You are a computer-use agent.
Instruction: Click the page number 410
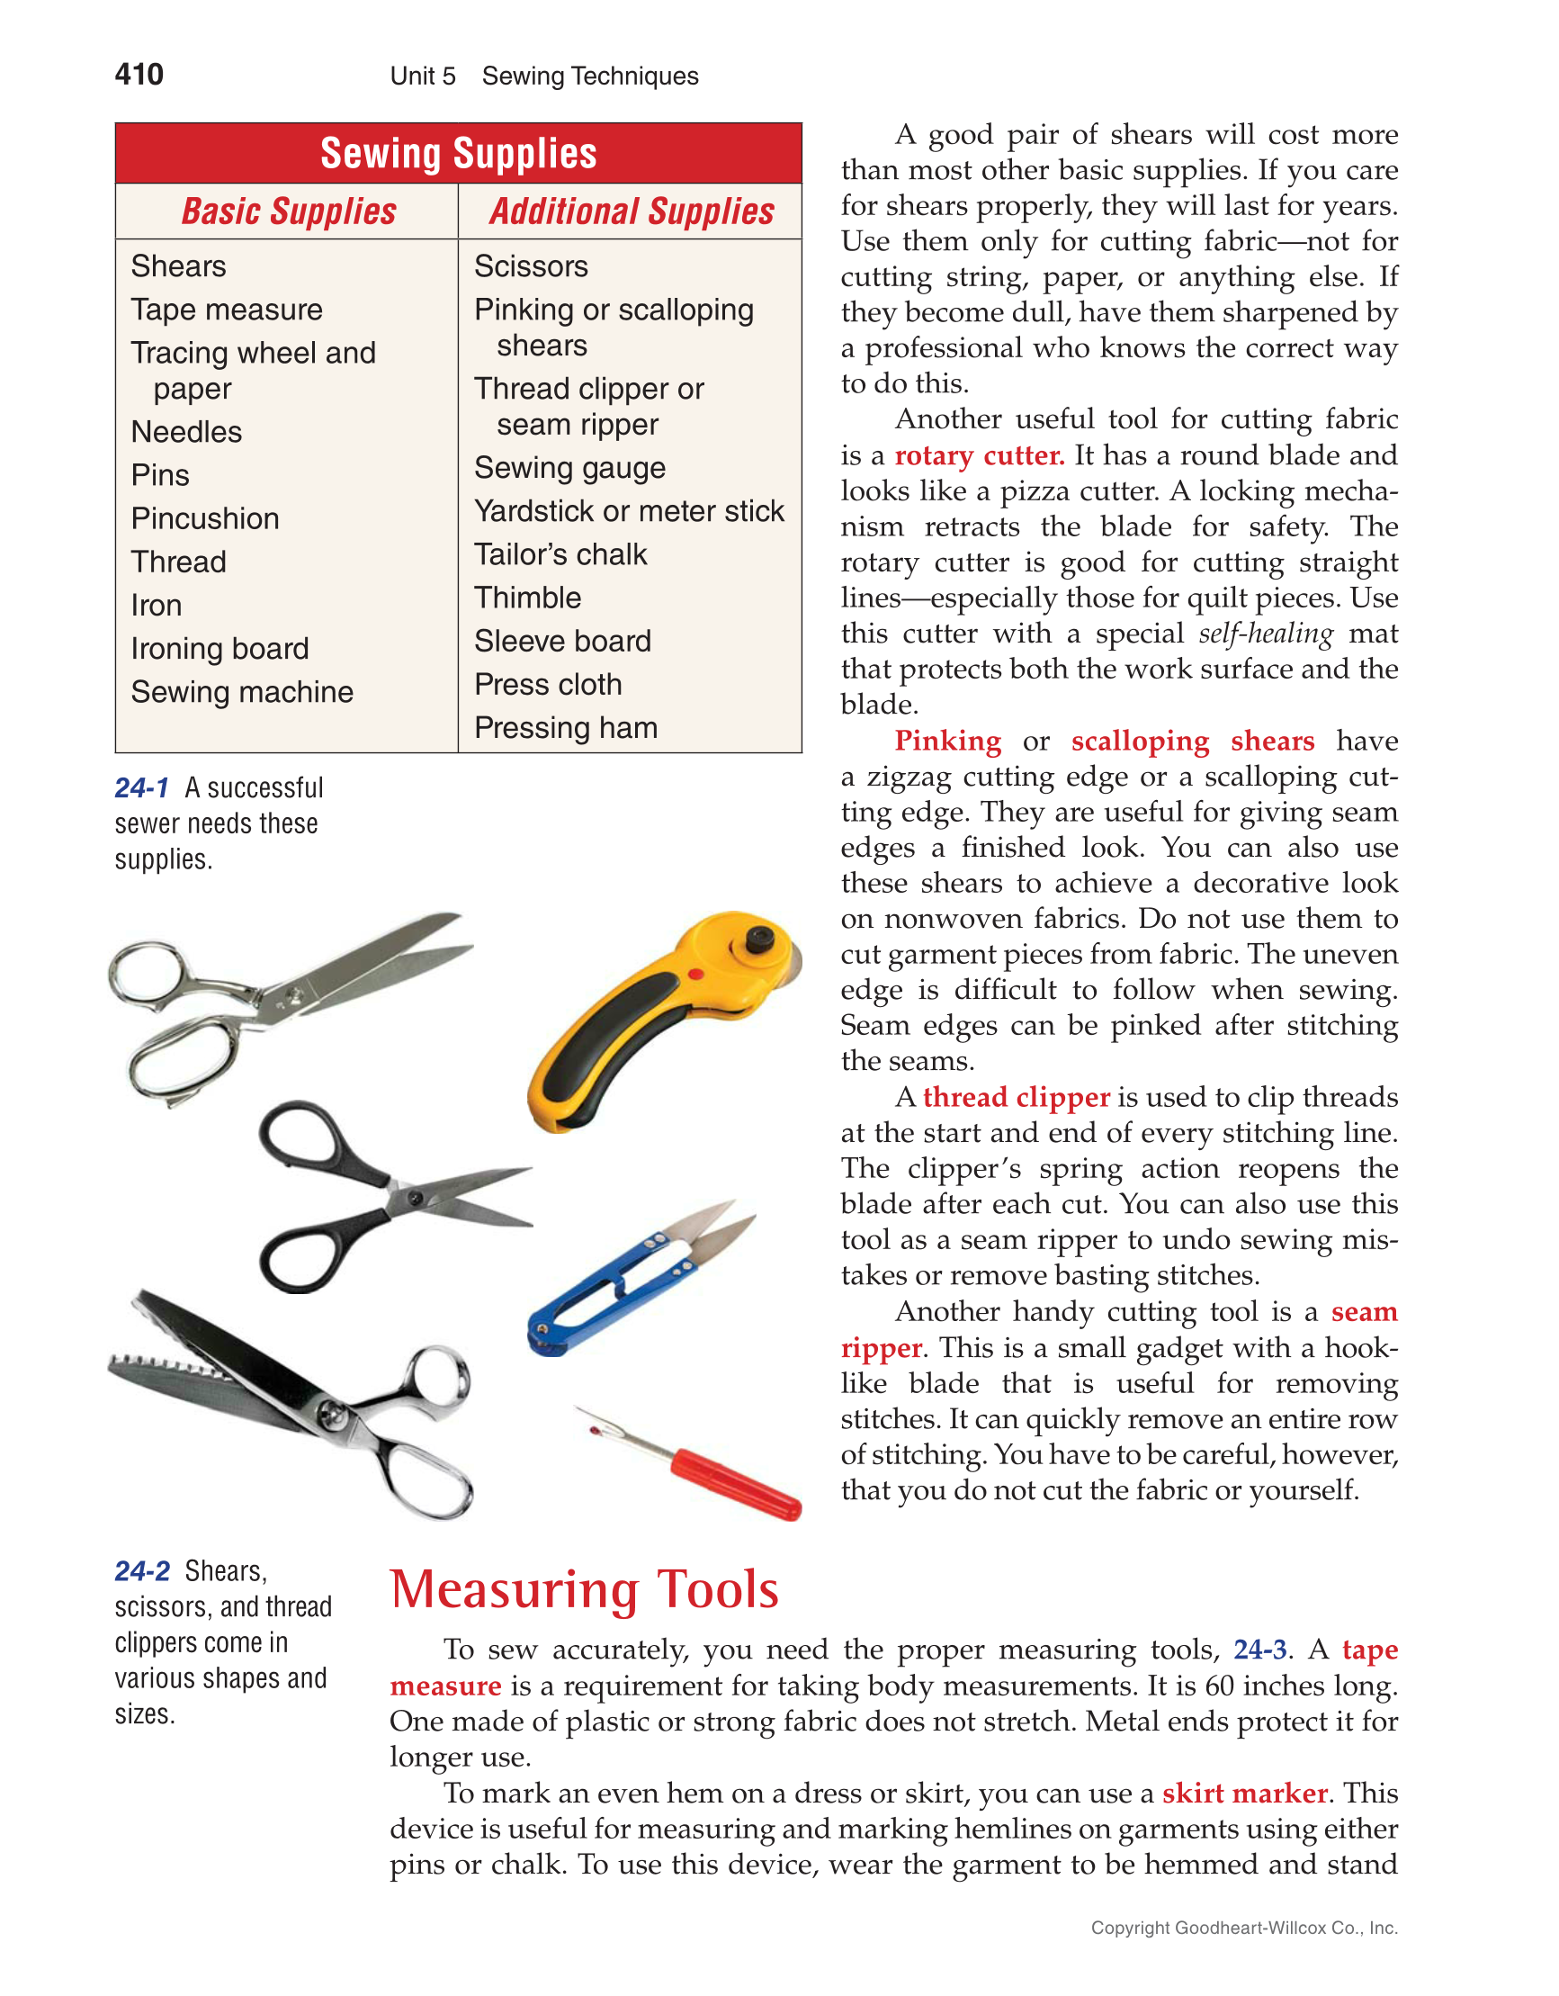(x=139, y=74)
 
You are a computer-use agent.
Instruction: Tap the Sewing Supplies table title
(x=458, y=154)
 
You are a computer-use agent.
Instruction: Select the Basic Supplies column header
(x=288, y=211)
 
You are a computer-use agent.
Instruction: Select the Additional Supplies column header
(x=631, y=211)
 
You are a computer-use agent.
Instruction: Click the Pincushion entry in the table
(x=205, y=518)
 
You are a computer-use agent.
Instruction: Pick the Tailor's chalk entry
(x=560, y=553)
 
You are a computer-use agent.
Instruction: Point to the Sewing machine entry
(x=241, y=692)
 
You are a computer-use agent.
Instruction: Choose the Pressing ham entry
(x=566, y=727)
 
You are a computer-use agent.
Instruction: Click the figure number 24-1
(x=141, y=787)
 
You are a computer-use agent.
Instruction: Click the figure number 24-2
(x=141, y=1571)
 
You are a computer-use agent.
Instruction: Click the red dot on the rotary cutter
(x=696, y=975)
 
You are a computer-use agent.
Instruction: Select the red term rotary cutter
(x=979, y=455)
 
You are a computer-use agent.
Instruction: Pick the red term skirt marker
(x=1244, y=1794)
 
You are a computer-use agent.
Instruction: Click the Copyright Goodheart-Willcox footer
(x=1244, y=1928)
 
